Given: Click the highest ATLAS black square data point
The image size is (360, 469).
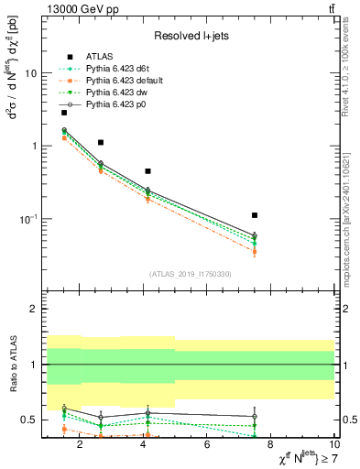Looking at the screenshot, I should click(64, 113).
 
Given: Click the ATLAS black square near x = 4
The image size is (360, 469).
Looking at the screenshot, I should click(148, 171).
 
